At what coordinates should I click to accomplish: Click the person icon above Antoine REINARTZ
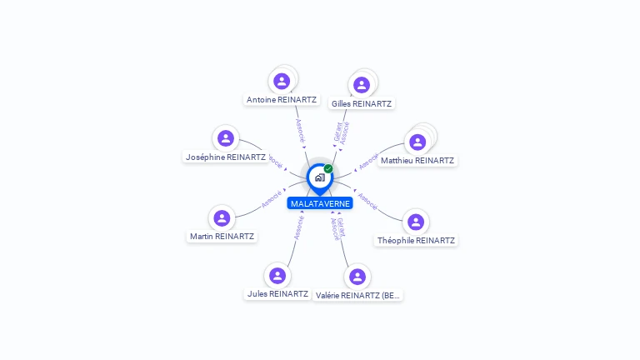282,81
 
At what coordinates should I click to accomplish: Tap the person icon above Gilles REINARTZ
361,85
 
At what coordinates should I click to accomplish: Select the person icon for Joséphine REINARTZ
225,138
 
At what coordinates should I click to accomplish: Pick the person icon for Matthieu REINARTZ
417,142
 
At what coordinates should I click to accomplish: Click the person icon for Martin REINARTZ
222,218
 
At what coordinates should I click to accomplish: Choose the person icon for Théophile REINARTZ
416,222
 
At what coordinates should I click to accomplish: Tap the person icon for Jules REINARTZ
277,276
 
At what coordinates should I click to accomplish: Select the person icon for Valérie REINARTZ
357,277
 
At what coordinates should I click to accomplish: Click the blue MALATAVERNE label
320,203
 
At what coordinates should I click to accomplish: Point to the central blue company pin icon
319,177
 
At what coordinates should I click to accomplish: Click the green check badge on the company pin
328,168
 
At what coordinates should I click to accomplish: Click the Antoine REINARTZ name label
282,99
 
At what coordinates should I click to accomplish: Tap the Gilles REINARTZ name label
361,103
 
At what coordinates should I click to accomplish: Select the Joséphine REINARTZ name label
226,157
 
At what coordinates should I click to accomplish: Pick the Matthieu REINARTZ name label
418,160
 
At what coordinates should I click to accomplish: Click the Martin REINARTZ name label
222,237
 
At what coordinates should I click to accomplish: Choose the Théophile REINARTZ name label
416,240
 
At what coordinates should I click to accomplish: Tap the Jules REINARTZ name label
277,294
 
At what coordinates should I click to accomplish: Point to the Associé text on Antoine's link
300,129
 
